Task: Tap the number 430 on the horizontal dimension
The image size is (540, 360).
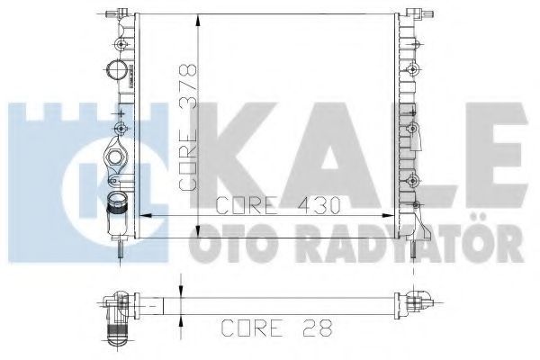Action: point(319,205)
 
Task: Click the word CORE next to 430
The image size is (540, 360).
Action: point(246,205)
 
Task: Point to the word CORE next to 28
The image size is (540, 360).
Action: point(252,328)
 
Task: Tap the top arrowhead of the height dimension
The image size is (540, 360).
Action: point(198,20)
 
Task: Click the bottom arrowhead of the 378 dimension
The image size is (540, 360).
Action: point(198,231)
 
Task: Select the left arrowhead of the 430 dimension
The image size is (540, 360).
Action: point(146,215)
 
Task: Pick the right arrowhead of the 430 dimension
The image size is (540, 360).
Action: point(389,215)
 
